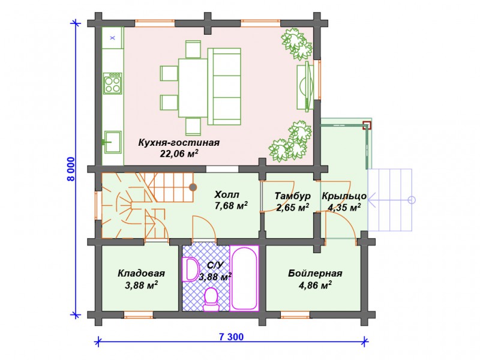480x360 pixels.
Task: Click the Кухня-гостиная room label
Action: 179,143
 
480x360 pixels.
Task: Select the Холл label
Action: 227,194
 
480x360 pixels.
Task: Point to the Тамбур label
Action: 293,196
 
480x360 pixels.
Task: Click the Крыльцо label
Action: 344,196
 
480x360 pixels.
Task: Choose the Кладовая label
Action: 141,273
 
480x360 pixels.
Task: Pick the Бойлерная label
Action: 315,273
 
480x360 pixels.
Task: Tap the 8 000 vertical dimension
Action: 71,169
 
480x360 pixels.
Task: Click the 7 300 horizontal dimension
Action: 232,337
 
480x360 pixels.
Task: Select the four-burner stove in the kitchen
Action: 112,83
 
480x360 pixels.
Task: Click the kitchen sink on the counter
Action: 112,142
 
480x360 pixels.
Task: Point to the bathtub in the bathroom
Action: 244,278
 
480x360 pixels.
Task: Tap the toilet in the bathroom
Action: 211,299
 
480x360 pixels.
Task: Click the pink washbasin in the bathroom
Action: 190,269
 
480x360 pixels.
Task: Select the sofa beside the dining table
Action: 224,86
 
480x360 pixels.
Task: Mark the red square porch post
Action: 367,125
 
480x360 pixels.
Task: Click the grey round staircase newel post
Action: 193,187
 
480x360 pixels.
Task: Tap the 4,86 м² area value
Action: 315,286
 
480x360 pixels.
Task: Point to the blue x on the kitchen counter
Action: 113,38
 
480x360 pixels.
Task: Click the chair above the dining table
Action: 193,49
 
